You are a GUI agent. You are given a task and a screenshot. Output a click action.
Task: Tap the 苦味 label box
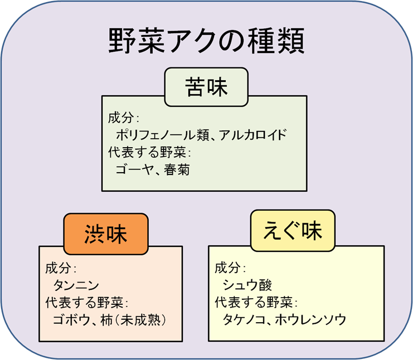(x=206, y=87)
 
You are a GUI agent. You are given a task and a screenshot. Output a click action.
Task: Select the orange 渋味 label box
(x=106, y=233)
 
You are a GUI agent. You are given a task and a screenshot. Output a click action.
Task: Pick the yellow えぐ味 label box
(x=294, y=230)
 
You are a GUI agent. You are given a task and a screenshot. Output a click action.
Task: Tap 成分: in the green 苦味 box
(x=123, y=118)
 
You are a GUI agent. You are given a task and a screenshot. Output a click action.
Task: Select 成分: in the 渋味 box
(x=61, y=268)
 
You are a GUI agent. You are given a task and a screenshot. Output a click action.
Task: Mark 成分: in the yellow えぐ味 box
(x=230, y=267)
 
